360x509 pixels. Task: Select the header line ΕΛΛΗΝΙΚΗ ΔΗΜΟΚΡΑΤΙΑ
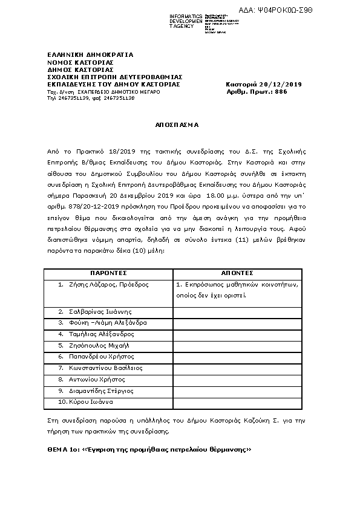point(90,54)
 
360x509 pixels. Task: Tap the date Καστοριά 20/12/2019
point(263,84)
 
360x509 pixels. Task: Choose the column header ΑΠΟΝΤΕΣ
point(237,273)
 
